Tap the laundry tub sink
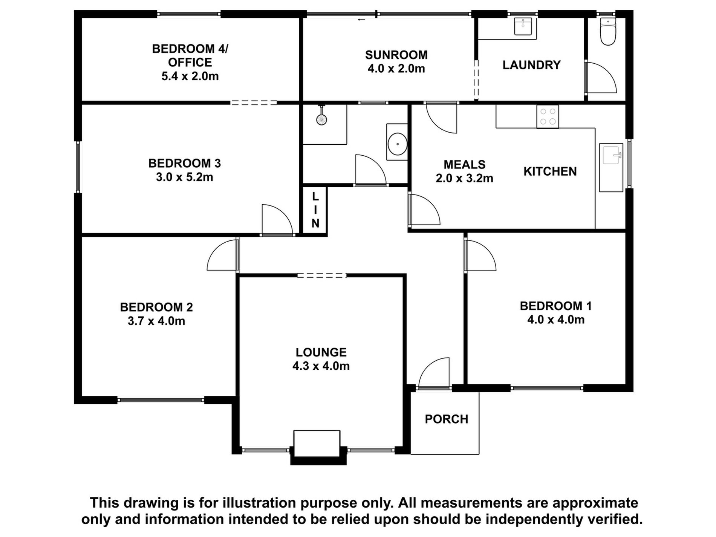[x=523, y=26]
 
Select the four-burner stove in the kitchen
[x=548, y=116]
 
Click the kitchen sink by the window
[x=611, y=167]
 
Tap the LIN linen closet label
[x=315, y=210]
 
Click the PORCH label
[x=446, y=419]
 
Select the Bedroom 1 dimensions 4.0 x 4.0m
[x=555, y=320]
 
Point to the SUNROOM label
[x=396, y=55]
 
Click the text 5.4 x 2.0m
[x=190, y=76]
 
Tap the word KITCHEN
[x=550, y=171]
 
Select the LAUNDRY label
[x=531, y=65]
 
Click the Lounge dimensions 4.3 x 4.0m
[x=321, y=366]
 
